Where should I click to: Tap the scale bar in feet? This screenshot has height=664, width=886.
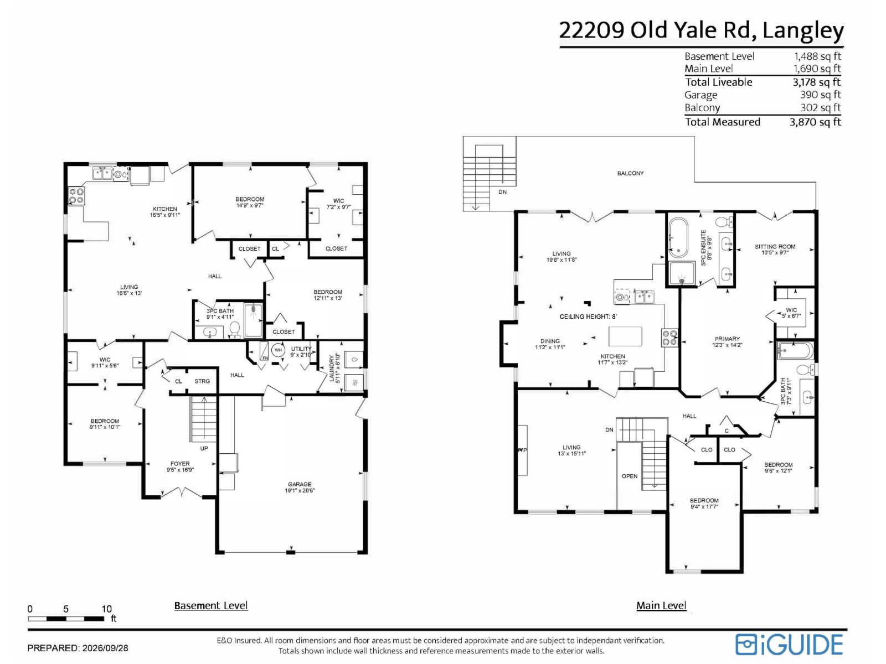click(66, 618)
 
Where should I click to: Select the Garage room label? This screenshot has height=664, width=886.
click(300, 487)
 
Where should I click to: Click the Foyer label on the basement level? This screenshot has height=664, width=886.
click(180, 467)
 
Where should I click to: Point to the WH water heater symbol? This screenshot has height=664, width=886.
click(278, 350)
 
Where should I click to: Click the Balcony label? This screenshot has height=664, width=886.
click(630, 173)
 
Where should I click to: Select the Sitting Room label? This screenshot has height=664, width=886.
click(775, 250)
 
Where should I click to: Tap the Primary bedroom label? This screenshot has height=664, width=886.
click(727, 342)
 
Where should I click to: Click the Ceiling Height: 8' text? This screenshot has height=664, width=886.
click(588, 317)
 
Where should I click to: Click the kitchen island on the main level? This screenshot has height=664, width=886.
click(625, 336)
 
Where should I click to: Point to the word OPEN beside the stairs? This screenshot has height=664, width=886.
click(630, 476)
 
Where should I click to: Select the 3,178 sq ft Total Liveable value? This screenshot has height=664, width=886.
click(817, 82)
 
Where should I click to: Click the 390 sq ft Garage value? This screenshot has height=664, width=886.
click(821, 95)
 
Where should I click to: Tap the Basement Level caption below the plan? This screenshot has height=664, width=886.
click(211, 605)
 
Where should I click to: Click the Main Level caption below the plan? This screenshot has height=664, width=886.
click(661, 605)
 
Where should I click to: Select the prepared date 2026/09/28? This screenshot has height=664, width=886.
click(105, 648)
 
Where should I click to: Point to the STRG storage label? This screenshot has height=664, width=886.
click(202, 381)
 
